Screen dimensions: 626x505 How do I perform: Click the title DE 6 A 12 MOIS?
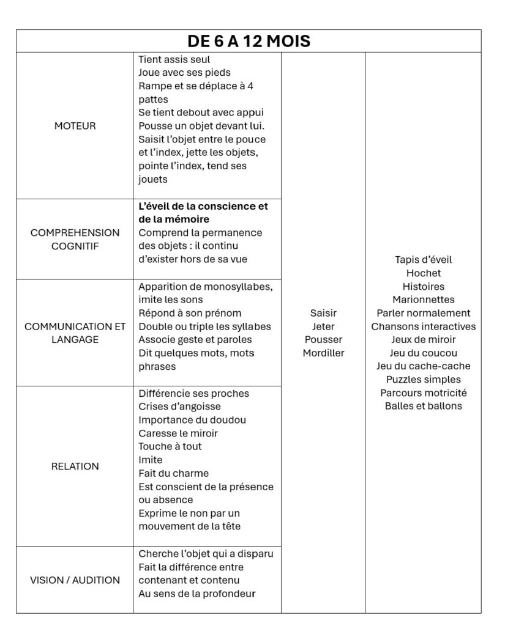(249, 41)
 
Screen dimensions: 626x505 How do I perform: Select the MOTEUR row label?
(75, 126)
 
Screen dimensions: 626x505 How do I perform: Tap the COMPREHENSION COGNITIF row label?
(75, 239)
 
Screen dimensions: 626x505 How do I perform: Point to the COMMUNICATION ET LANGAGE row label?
(75, 333)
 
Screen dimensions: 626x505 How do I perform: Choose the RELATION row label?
(75, 466)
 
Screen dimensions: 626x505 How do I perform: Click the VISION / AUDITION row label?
(75, 580)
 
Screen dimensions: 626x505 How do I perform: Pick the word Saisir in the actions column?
(323, 313)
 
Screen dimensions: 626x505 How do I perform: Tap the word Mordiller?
(323, 353)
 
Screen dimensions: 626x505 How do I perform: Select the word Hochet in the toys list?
(424, 273)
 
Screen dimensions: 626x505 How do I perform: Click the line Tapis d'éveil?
(424, 260)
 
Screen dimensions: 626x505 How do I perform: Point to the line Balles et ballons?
(424, 406)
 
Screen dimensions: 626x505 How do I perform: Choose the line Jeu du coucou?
(424, 353)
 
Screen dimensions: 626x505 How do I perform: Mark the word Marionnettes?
(424, 300)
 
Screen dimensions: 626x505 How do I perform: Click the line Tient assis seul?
(174, 60)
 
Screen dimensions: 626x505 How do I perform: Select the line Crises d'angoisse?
(179, 407)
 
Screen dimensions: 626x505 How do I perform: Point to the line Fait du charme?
(174, 473)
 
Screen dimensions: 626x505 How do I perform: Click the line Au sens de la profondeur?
(197, 594)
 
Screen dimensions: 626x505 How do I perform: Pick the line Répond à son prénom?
(190, 313)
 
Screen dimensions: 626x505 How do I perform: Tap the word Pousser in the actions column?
(323, 339)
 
